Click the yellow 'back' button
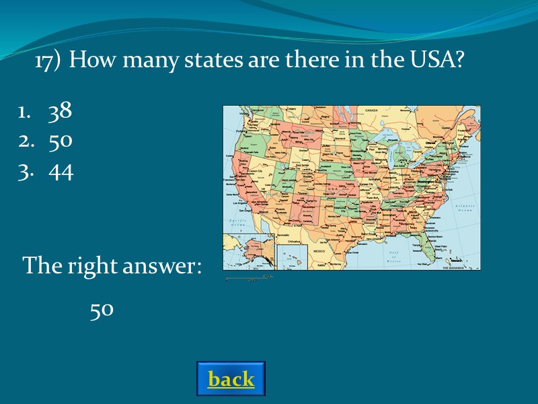coord(231,379)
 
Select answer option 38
coord(60,112)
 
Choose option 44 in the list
coord(61,172)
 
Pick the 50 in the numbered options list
coord(60,142)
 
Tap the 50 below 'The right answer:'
coord(102,310)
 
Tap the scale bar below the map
coord(249,277)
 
